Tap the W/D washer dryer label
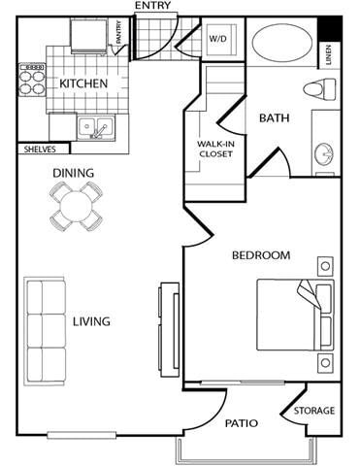[x=217, y=39]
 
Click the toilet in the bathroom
[x=317, y=90]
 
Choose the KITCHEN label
[x=82, y=83]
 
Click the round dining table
[x=75, y=206]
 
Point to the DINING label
[x=74, y=174]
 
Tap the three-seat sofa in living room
[x=45, y=331]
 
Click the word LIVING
[x=90, y=321]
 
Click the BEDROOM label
[x=260, y=255]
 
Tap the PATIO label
[x=241, y=423]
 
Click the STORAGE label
[x=314, y=411]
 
